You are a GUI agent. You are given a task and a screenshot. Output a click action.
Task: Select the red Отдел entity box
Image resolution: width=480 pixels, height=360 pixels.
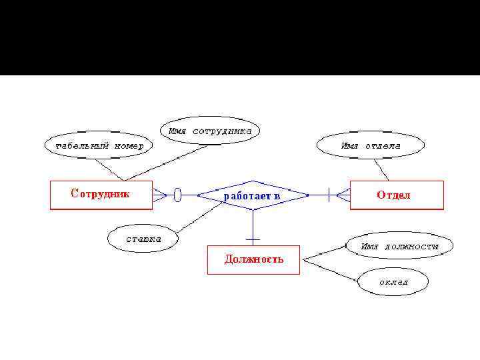coord(397,195)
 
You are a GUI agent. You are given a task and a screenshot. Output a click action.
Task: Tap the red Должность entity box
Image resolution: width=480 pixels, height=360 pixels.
coord(253,259)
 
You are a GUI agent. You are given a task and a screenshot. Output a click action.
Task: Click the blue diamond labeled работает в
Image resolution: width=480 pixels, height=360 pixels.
coord(252,195)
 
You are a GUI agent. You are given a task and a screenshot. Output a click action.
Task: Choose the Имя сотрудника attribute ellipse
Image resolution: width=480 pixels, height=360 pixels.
coord(209,131)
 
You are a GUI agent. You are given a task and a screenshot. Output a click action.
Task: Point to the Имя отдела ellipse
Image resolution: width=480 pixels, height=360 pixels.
coord(370,145)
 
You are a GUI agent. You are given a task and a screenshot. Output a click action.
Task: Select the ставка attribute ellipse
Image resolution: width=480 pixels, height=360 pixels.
coord(143,239)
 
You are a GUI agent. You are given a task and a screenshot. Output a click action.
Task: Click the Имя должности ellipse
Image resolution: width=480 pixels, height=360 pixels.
coord(399,246)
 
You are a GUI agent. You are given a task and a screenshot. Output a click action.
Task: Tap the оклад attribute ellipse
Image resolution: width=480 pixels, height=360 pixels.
coord(393,281)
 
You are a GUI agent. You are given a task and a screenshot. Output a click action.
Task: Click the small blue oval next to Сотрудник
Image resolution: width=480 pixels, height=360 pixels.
coord(177,195)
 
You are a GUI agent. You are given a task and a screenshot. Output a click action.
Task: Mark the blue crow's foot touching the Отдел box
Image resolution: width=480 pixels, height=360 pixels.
coord(343,195)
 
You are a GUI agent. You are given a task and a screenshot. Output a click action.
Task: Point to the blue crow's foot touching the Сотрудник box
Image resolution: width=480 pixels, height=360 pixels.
coord(159,195)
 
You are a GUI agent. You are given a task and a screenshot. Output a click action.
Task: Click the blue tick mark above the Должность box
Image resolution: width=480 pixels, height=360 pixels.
coord(253,238)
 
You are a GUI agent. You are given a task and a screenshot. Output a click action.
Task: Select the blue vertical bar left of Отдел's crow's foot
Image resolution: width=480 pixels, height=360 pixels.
coord(329,195)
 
